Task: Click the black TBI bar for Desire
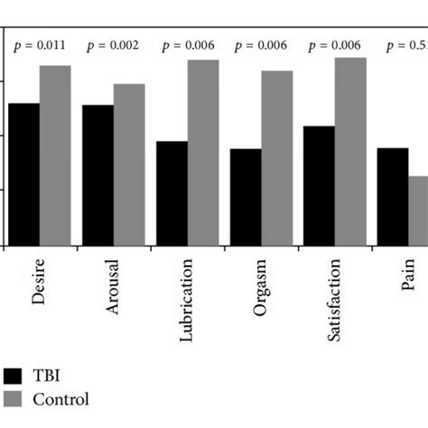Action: click(x=23, y=174)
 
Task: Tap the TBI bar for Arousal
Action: click(x=98, y=175)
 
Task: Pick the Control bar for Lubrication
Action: click(x=203, y=153)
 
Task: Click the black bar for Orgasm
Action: click(x=246, y=197)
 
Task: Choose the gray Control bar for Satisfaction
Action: click(x=351, y=152)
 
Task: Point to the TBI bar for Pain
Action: click(x=393, y=196)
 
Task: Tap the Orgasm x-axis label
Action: click(x=261, y=288)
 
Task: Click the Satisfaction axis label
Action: click(x=335, y=302)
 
